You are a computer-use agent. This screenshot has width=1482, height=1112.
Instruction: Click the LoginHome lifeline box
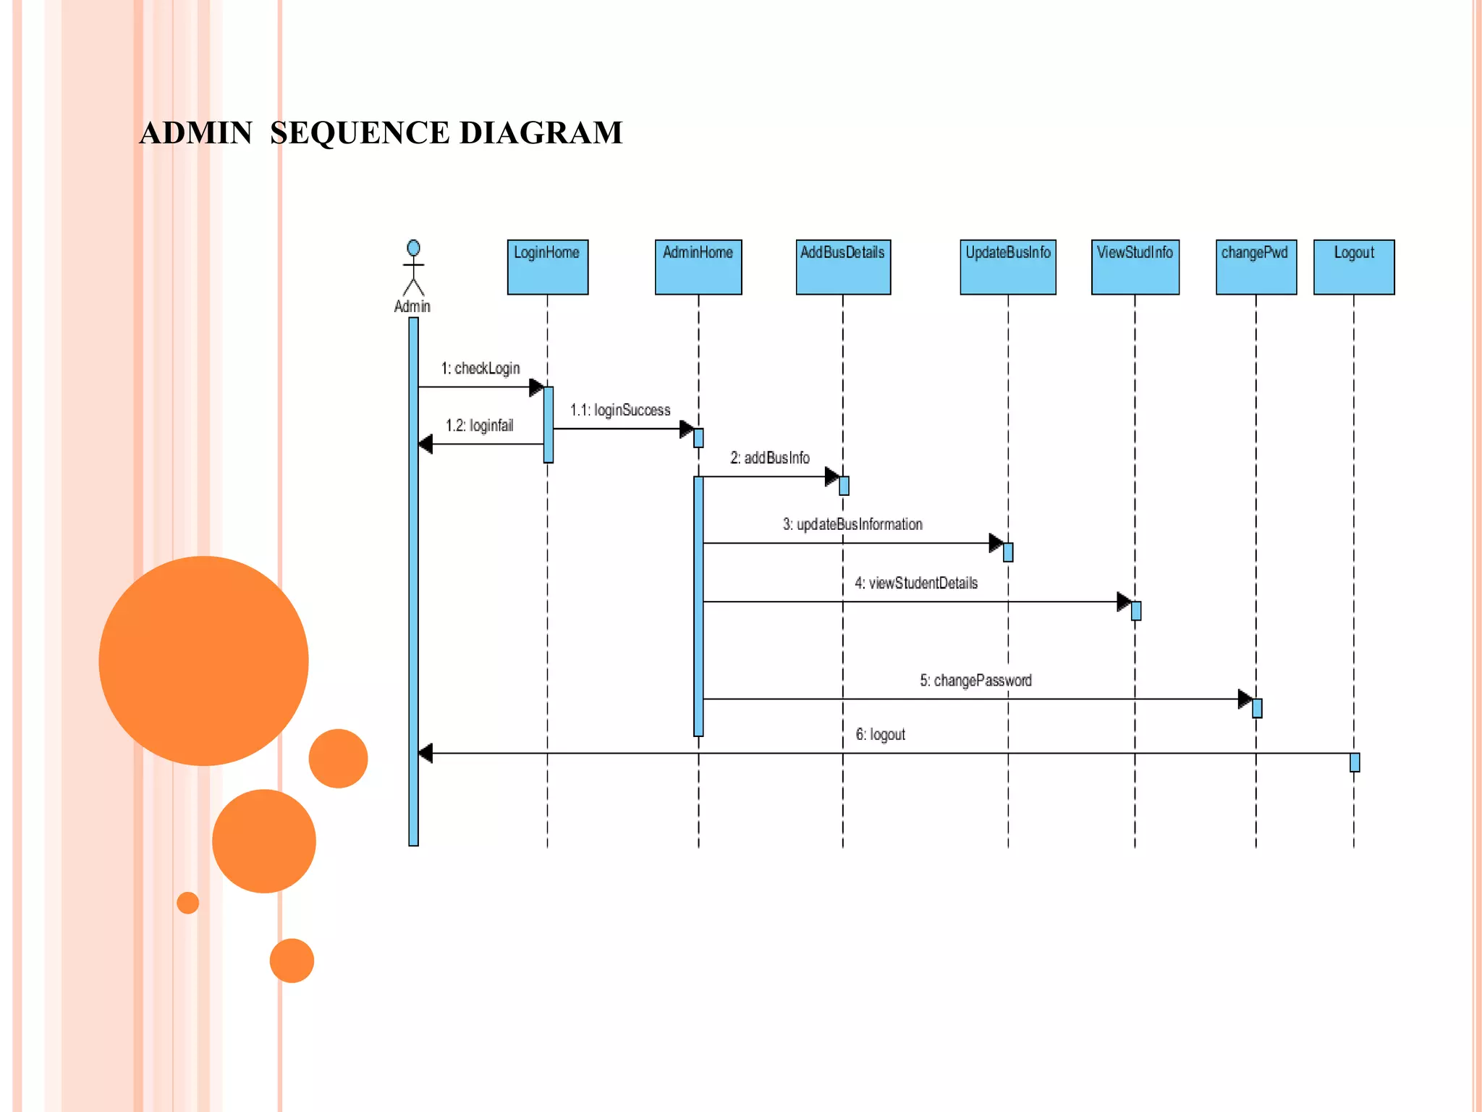[547, 267]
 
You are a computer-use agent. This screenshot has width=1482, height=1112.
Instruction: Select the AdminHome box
[698, 267]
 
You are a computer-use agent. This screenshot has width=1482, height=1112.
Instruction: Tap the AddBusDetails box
[843, 267]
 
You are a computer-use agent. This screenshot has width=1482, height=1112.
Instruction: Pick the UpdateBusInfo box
[1008, 267]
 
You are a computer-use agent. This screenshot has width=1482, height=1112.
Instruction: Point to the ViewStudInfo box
[1135, 267]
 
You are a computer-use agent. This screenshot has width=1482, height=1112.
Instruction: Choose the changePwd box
[1256, 267]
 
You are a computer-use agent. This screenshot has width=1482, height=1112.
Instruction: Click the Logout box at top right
[1354, 267]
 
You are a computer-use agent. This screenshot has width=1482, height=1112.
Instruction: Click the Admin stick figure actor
[413, 269]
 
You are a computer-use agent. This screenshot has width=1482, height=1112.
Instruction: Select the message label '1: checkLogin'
[480, 368]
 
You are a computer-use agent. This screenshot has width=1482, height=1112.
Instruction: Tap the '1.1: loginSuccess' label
[620, 410]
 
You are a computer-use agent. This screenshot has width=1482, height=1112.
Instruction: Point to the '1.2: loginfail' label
[479, 426]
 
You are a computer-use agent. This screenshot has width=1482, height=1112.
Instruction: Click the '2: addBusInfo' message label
[770, 458]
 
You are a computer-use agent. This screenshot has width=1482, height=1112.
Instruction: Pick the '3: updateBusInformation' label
[852, 525]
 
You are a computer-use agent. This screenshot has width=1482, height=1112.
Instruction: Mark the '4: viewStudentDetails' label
[916, 584]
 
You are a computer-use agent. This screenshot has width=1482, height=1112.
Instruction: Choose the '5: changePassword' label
[975, 681]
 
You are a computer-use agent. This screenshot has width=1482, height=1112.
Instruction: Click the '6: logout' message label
[880, 735]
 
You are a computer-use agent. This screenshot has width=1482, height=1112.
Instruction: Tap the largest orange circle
[203, 660]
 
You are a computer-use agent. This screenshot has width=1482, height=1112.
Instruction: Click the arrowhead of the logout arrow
[425, 754]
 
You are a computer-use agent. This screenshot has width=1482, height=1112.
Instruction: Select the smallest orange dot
[187, 903]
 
